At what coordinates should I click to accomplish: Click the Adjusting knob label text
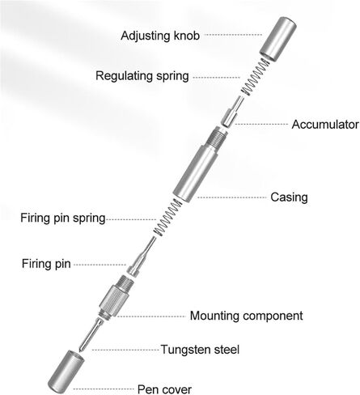[160, 36]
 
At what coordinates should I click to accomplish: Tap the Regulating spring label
[142, 76]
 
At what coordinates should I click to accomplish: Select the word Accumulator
[325, 125]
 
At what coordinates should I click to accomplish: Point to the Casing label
[289, 197]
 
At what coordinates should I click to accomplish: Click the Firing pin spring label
[63, 218]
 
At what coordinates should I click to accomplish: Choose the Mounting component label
[246, 316]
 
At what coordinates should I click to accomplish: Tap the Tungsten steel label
[200, 350]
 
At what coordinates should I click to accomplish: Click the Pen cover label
[164, 389]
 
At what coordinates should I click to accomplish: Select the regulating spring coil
[255, 77]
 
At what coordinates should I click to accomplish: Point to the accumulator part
[232, 111]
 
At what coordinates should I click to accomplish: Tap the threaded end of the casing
[217, 136]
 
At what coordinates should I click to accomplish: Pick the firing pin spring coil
[167, 218]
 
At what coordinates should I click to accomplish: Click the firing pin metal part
[141, 257]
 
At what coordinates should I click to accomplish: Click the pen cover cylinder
[66, 372]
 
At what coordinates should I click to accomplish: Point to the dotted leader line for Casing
[231, 197]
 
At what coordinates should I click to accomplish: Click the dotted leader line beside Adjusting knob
[233, 35]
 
